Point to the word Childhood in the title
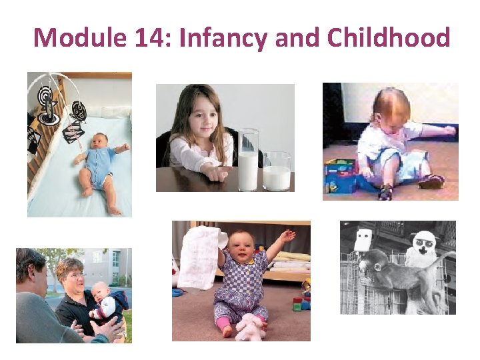[x=389, y=37]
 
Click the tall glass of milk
[x=248, y=161]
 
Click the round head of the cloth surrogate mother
[x=423, y=243]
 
